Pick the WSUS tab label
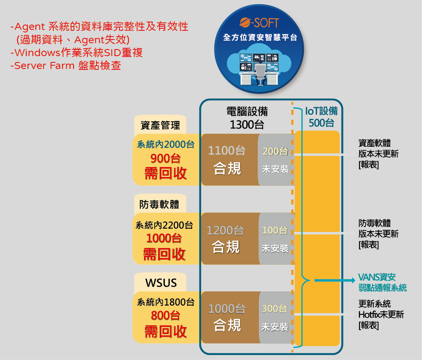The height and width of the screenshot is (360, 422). pyautogui.click(x=161, y=283)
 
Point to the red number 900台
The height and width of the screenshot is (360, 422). pyautogui.click(x=166, y=158)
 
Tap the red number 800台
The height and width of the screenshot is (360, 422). pyautogui.click(x=166, y=316)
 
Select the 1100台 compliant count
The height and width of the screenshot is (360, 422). pyautogui.click(x=227, y=150)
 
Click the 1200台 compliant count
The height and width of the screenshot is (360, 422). pyautogui.click(x=226, y=230)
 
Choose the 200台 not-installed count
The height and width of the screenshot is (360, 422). pyautogui.click(x=276, y=151)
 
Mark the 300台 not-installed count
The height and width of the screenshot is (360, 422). pyautogui.click(x=275, y=309)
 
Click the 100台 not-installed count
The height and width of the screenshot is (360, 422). pyautogui.click(x=275, y=230)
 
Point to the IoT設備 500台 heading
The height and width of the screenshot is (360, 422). pyautogui.click(x=321, y=117)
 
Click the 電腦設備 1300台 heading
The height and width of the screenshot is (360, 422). pyautogui.click(x=247, y=118)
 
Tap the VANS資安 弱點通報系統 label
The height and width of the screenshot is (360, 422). pyautogui.click(x=382, y=282)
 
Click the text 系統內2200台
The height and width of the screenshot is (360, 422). pyautogui.click(x=164, y=225)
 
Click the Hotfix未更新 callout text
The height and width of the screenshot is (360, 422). pyautogui.click(x=381, y=314)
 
